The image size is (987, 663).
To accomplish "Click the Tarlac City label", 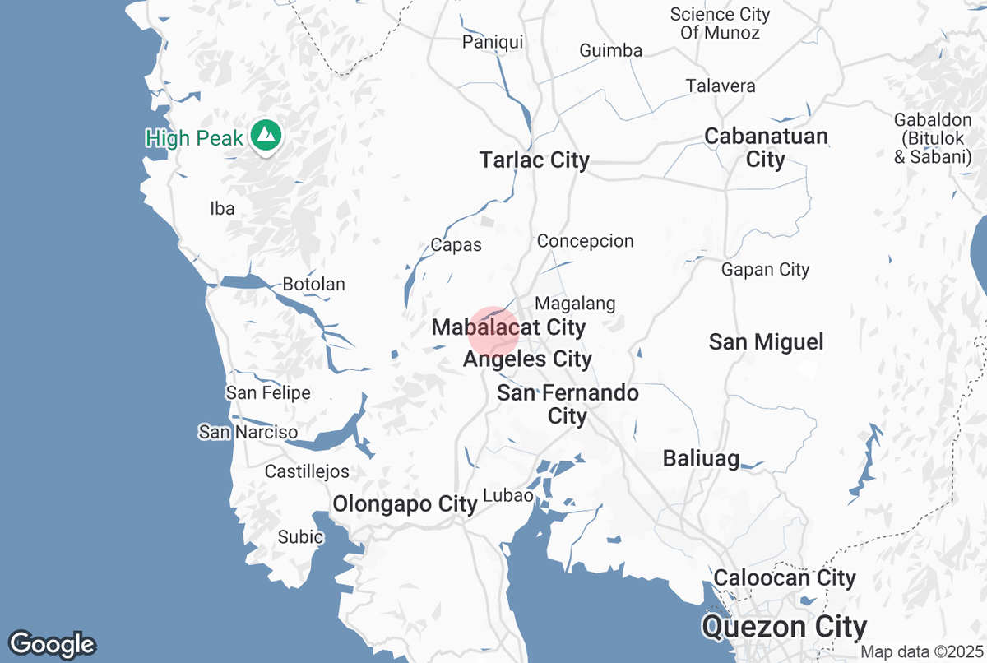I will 535,160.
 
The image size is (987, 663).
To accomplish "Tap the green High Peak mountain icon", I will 265,135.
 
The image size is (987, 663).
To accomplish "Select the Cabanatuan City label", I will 766,147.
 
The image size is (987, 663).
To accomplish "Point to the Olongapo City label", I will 405,503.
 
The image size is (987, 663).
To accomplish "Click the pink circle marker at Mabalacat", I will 493,332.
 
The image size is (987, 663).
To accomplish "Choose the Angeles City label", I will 527,359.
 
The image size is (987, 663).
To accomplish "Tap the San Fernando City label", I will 568,404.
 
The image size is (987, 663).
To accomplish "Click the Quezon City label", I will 784,628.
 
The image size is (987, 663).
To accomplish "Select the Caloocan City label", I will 785,577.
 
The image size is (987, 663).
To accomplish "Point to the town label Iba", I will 222,208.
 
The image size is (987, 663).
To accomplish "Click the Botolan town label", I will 313,285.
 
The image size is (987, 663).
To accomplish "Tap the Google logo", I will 52,644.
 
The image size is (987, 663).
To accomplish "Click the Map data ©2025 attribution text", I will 919,651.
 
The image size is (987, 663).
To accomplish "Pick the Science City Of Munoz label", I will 721,24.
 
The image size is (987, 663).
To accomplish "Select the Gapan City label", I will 765,269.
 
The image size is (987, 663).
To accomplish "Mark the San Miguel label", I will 766,341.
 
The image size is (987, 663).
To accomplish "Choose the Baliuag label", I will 701,458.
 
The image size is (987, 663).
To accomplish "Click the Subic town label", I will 300,536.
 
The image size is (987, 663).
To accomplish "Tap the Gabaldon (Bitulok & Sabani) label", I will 933,138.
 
